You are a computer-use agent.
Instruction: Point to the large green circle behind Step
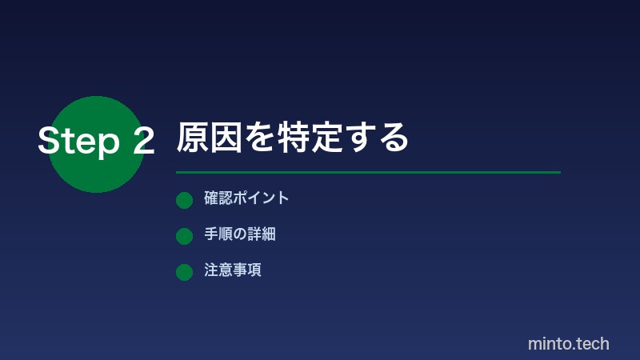[x=96, y=172]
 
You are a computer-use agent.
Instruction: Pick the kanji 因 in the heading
[x=227, y=138]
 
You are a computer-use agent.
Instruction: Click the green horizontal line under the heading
[x=368, y=172]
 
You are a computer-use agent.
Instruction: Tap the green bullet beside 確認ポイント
[x=184, y=200]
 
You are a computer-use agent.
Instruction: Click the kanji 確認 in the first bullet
[x=218, y=198]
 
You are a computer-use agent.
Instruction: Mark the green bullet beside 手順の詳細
[x=184, y=236]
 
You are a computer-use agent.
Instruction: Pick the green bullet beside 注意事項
[x=184, y=272]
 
